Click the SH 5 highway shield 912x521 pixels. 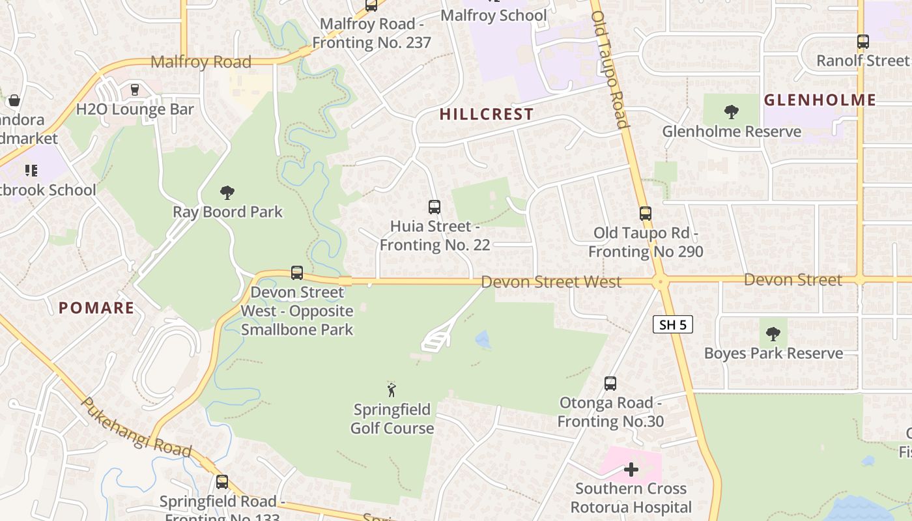(x=672, y=324)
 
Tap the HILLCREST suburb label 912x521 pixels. (x=486, y=114)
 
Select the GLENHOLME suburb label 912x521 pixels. (x=819, y=100)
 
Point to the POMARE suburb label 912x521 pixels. (x=96, y=307)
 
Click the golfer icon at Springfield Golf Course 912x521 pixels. (x=392, y=390)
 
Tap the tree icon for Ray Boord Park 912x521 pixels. (x=227, y=192)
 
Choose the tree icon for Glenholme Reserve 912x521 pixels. (x=731, y=112)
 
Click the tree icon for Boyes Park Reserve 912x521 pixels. (x=773, y=334)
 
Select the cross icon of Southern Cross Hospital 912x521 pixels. (x=631, y=469)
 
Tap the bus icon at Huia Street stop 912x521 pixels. (x=435, y=207)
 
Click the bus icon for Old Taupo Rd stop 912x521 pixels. (x=645, y=213)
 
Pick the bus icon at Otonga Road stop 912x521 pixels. (x=610, y=383)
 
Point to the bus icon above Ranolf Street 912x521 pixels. (x=862, y=42)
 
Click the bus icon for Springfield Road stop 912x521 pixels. (x=222, y=482)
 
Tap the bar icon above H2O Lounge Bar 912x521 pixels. (x=135, y=89)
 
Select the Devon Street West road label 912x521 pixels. (x=551, y=282)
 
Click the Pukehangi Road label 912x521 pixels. (x=136, y=428)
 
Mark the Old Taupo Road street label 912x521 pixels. (x=610, y=68)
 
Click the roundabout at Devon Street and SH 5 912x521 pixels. (x=661, y=282)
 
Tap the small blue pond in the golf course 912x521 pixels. (x=483, y=339)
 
